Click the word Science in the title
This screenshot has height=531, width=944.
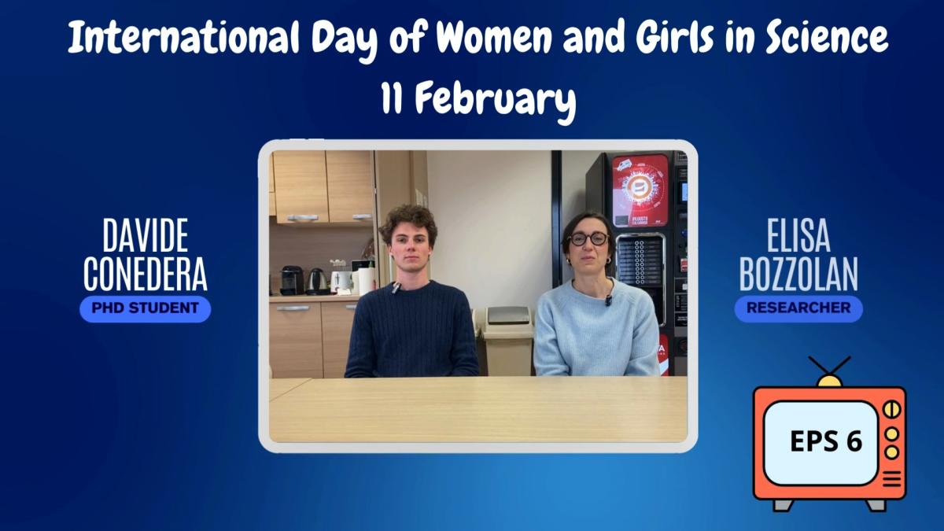[827, 37]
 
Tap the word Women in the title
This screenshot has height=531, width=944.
[494, 37]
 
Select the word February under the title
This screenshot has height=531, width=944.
[495, 101]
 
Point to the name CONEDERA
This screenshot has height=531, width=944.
[146, 274]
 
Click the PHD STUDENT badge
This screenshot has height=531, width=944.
[146, 308]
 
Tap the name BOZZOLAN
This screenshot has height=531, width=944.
[798, 274]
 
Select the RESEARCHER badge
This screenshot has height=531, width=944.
[798, 308]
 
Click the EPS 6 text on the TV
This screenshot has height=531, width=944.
[826, 441]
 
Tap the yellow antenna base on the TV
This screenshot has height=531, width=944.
[829, 382]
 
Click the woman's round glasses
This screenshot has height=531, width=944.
[588, 239]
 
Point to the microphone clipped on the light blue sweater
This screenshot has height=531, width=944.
[608, 300]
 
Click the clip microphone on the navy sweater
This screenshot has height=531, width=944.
[396, 287]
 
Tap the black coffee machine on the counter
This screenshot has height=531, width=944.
[292, 280]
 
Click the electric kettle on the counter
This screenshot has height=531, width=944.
[317, 281]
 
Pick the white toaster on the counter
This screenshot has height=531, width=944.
[341, 281]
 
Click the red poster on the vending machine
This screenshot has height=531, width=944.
[640, 190]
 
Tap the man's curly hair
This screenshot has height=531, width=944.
[408, 221]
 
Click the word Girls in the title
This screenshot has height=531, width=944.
[675, 38]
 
